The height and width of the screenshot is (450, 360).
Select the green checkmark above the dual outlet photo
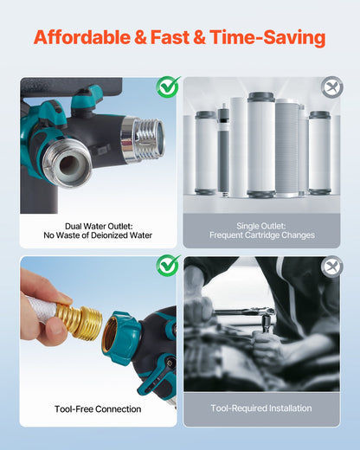click(x=167, y=87)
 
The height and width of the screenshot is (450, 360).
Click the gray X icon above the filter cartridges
click(x=331, y=87)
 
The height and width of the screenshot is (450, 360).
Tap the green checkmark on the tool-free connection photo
click(x=167, y=266)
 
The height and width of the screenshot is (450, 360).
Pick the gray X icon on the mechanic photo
click(x=331, y=267)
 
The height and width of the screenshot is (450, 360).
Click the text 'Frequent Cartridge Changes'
click(x=261, y=235)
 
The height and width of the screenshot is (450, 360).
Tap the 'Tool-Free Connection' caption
click(x=97, y=408)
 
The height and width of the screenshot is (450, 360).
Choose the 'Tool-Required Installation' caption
click(x=261, y=408)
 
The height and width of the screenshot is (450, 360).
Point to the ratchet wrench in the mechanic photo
click(x=247, y=312)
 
